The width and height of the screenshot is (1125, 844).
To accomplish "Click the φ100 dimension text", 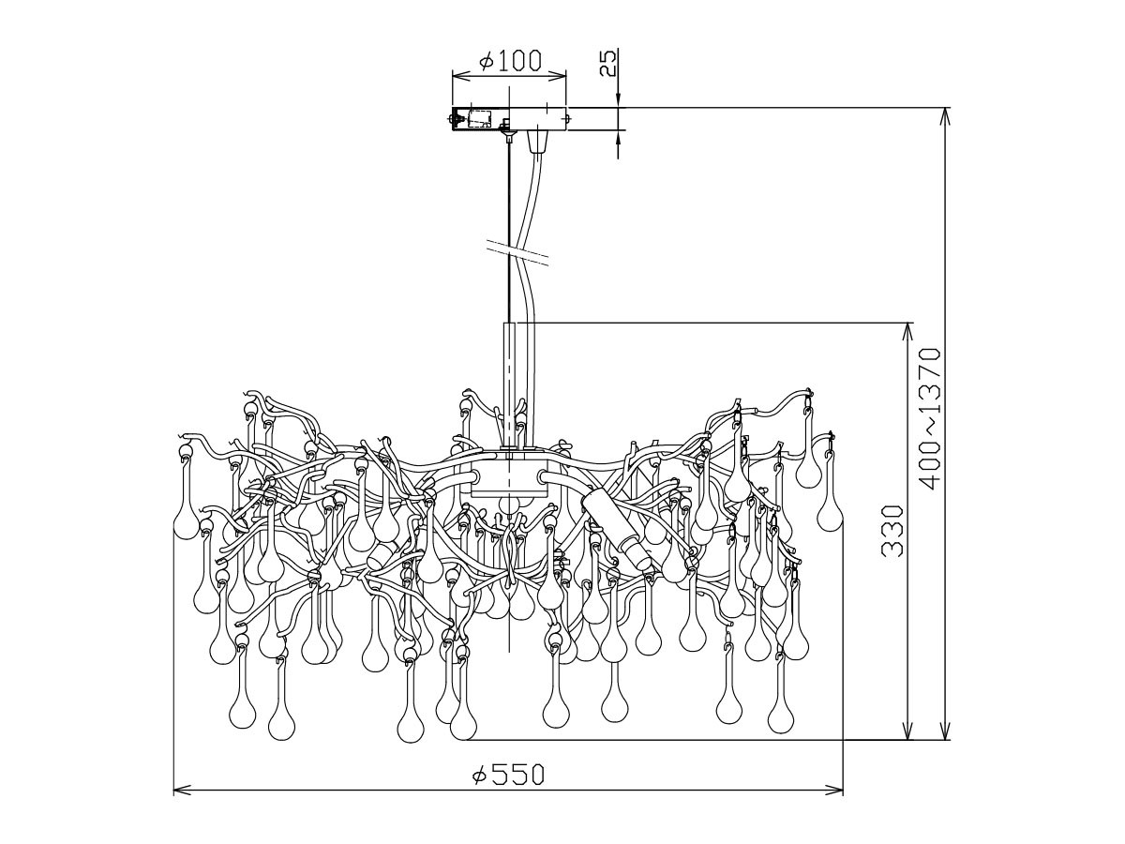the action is pos(510,61).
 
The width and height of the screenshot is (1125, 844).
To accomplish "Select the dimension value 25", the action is pos(608,63).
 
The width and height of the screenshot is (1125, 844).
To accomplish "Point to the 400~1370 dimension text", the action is pos(929,418).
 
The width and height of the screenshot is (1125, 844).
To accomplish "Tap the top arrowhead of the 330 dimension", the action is pos(907,331).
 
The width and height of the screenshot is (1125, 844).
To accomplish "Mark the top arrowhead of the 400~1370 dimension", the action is pos(946,115).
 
